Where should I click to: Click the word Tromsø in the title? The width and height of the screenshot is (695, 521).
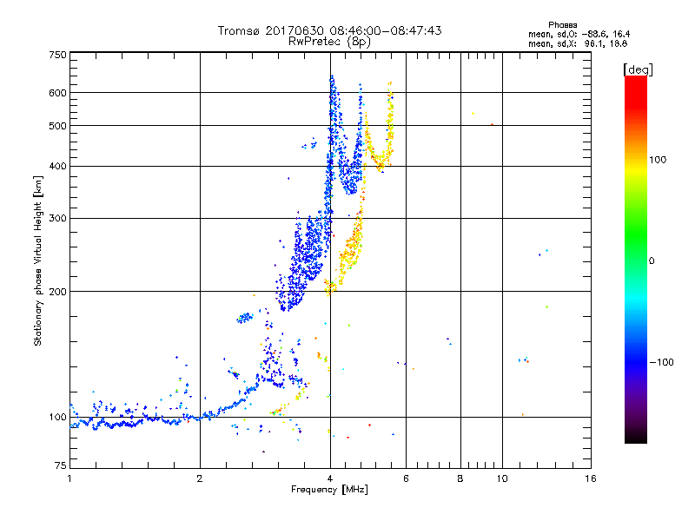(x=241, y=30)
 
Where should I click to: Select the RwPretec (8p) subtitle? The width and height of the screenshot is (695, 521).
(x=329, y=41)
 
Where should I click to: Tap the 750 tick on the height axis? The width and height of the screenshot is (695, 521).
(x=57, y=54)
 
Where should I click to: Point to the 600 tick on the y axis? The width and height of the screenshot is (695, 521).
(x=57, y=93)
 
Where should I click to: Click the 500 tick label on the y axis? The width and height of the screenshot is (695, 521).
(x=57, y=126)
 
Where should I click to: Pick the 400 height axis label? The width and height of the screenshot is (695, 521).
(x=57, y=167)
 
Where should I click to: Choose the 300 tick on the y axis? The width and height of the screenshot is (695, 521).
(x=57, y=219)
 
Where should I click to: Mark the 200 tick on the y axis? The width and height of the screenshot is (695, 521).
(x=57, y=292)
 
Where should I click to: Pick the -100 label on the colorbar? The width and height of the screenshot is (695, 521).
(x=663, y=362)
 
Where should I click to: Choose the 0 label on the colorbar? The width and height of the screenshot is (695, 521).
(x=653, y=260)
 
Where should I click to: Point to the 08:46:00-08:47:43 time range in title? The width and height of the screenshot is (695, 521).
(x=383, y=30)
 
